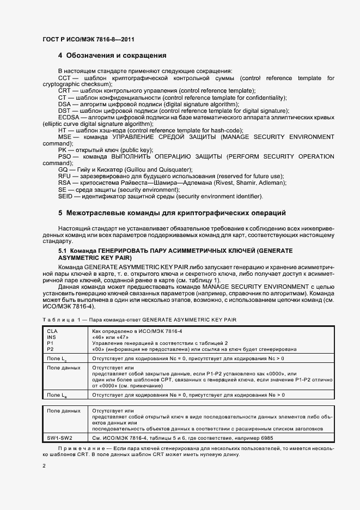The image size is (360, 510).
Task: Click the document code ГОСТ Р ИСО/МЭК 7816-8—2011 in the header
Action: tap(88, 40)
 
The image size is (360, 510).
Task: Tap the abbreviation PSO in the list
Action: tap(65, 157)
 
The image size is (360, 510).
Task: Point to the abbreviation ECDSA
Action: tap(69, 117)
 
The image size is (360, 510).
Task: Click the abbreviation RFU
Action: tap(65, 176)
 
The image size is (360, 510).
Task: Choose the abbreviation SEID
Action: tap(66, 196)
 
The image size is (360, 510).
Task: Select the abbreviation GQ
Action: tap(64, 169)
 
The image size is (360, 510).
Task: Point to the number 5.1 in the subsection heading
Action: tap(62, 250)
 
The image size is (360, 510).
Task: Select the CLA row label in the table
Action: tap(52, 331)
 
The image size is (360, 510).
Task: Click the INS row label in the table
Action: tap(52, 337)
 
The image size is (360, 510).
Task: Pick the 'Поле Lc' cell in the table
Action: tap(57, 359)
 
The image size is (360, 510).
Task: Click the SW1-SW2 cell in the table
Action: tap(60, 438)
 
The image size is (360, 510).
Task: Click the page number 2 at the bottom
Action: tap(44, 466)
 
